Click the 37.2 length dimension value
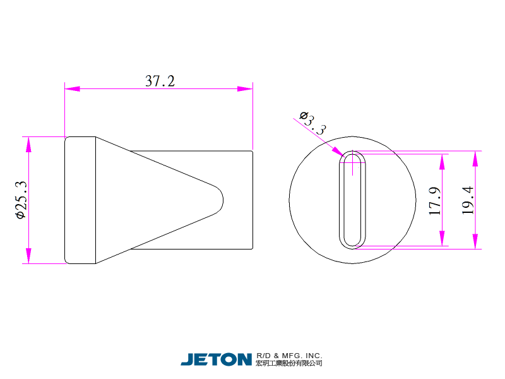coord(160,81)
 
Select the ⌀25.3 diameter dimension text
coord(21,200)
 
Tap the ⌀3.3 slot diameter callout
coord(312,123)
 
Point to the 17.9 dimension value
coord(435,201)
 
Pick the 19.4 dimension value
coord(468,200)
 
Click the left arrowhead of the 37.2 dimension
coord(73,88)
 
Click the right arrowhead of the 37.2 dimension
coord(245,88)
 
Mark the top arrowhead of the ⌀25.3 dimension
coord(28,145)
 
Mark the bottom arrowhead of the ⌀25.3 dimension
coord(28,256)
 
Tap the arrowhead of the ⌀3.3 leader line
coord(339,152)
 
